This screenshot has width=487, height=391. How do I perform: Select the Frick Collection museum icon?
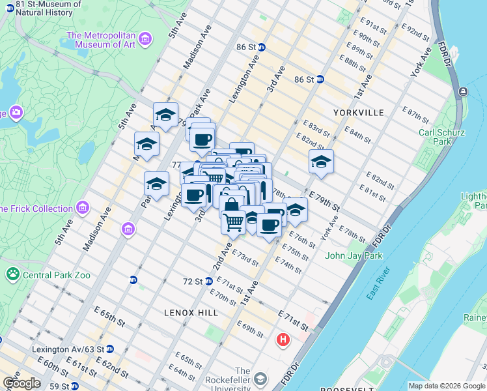tap(82, 209)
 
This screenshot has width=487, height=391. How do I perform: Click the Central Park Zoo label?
tap(56, 275)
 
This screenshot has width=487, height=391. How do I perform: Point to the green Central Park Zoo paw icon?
tap(12, 274)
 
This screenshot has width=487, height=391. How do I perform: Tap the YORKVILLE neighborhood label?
tap(358, 112)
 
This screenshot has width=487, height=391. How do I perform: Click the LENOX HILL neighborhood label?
tap(191, 313)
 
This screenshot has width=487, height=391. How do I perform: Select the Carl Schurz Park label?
tap(441, 136)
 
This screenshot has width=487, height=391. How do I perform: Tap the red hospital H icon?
tap(283, 340)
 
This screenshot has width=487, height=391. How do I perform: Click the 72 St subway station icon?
tap(209, 282)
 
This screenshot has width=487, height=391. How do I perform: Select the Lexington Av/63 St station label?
tap(68, 349)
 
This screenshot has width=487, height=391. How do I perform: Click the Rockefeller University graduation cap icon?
tap(260, 379)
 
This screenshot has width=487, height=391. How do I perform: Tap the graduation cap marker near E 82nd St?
tap(320, 162)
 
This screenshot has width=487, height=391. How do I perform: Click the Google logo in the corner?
tap(21, 383)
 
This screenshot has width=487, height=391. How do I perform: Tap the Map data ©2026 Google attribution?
tap(447, 386)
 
